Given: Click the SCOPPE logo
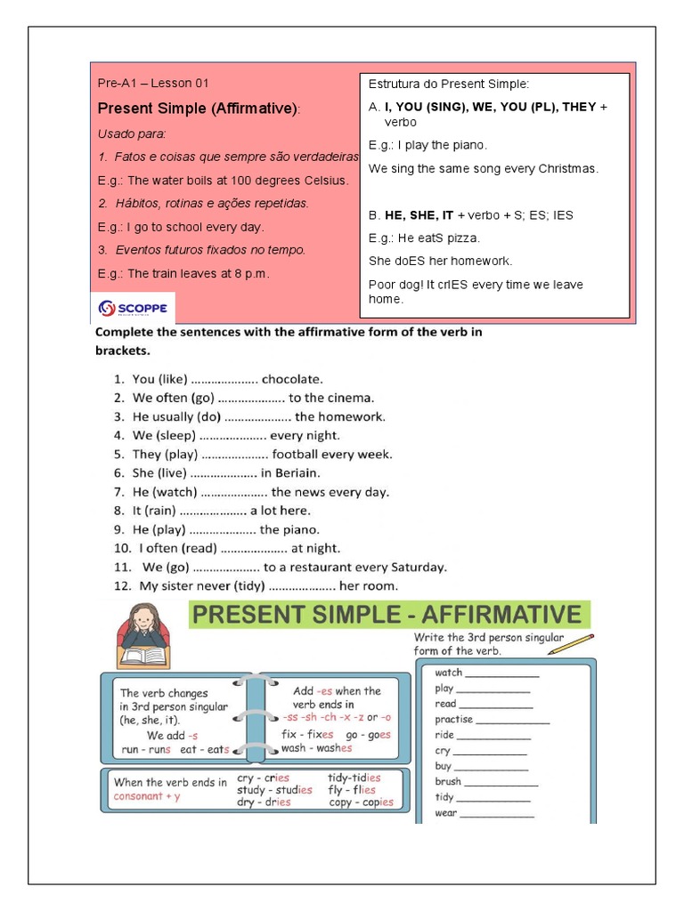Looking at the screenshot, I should coord(133,308).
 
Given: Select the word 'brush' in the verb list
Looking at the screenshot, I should coord(448,782).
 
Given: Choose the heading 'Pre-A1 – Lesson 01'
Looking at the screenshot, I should coord(152,84).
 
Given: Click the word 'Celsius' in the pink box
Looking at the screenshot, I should coord(328,181).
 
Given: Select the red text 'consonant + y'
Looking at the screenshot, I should coord(146,796).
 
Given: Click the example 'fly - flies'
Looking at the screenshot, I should coord(352,790).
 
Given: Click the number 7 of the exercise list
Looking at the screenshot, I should coord(118,492).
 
